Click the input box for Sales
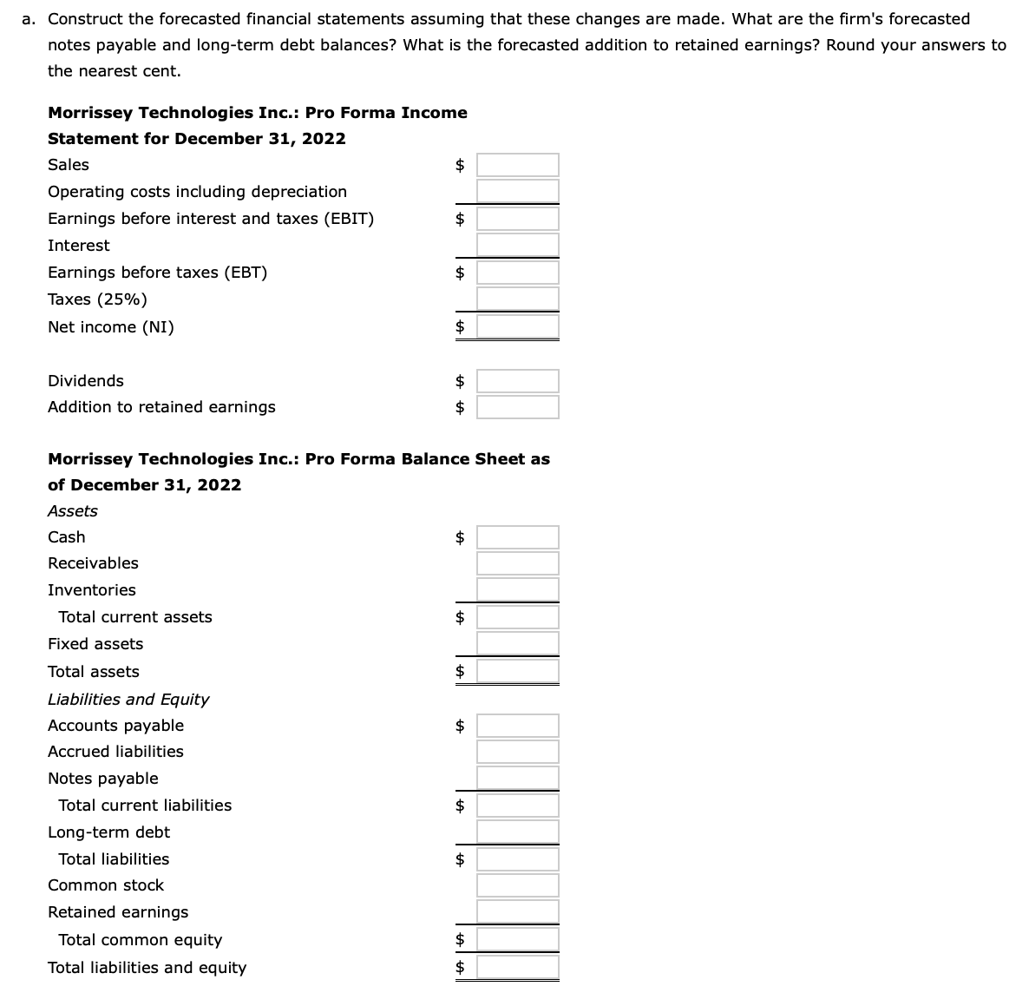(x=517, y=165)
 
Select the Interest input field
(x=517, y=245)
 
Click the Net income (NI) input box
(x=517, y=326)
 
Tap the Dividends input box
(x=517, y=381)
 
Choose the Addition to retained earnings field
(x=517, y=407)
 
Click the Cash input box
(x=517, y=537)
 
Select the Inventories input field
(x=517, y=589)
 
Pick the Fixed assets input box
(x=517, y=643)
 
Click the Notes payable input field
(x=517, y=778)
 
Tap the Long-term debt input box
(x=517, y=832)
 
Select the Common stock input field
(x=517, y=885)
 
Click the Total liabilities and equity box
(x=517, y=967)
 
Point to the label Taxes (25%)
(x=97, y=299)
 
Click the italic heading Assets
(x=73, y=511)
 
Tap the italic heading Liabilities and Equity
(x=128, y=700)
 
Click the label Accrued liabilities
(x=115, y=752)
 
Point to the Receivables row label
(x=93, y=563)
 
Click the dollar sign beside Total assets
(x=461, y=671)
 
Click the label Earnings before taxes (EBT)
(x=157, y=273)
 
